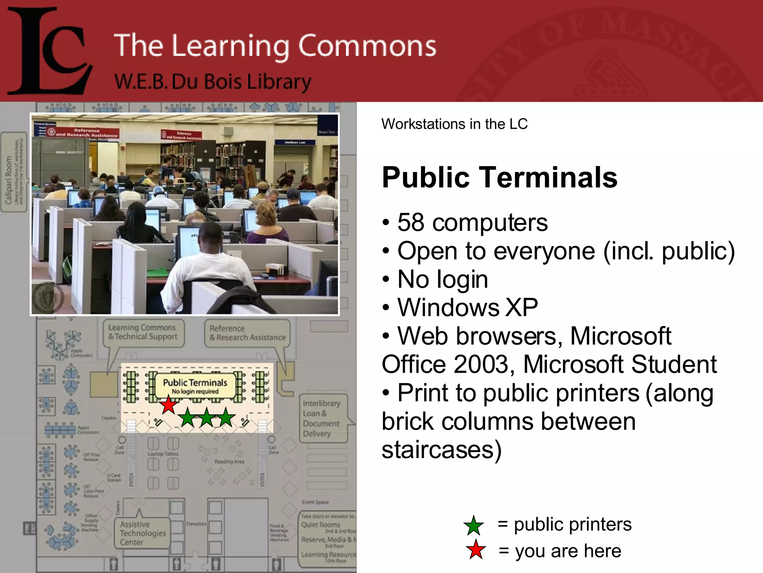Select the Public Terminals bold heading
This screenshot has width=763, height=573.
499,178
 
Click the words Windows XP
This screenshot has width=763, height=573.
468,308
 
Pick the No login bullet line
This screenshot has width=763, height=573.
442,279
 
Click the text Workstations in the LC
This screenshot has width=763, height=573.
454,124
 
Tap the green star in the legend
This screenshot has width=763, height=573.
474,525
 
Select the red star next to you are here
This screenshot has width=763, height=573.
476,550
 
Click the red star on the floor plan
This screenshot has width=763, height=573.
169,406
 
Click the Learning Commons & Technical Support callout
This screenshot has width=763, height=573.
143,332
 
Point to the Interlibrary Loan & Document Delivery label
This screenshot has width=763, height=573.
321,418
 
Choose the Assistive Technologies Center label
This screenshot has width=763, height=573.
142,533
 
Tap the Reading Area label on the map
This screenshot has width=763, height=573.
229,462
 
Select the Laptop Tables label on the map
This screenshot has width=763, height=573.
163,454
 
